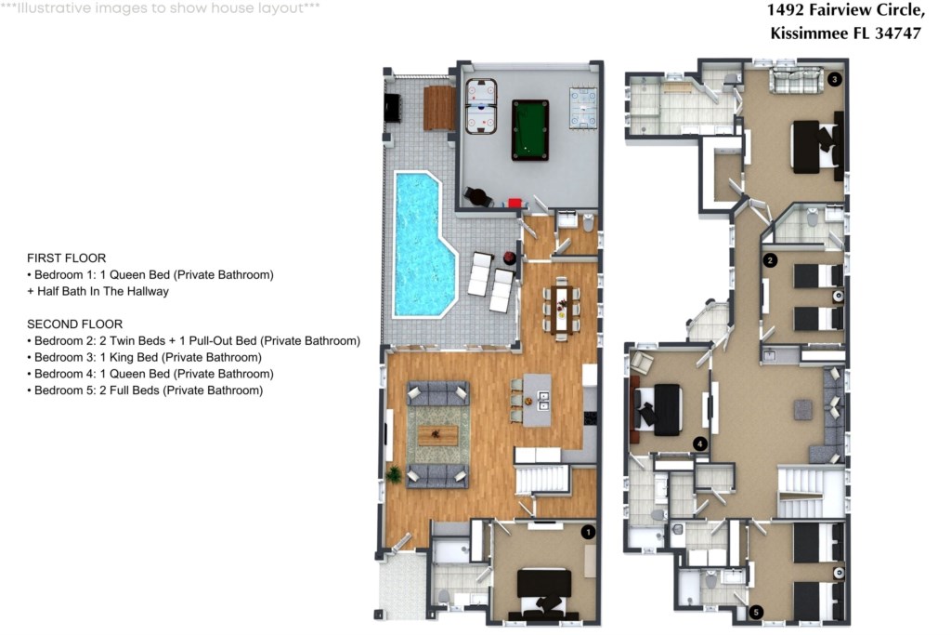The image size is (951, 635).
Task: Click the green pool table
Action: point(530,130)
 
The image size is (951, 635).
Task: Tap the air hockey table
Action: point(481,106)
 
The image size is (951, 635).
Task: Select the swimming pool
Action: point(423,244)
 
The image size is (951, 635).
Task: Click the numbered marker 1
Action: point(588,533)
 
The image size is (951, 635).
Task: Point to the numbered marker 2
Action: point(770,260)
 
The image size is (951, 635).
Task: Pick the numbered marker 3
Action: point(835,79)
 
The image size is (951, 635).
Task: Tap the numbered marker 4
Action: point(700,443)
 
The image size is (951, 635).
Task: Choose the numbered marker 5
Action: point(756,613)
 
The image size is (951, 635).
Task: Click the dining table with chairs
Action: point(561,310)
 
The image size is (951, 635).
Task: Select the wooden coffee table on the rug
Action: point(438,435)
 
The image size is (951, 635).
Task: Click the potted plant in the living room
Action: point(394,474)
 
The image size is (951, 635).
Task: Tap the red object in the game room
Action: point(515,204)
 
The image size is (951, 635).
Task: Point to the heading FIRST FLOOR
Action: point(67,258)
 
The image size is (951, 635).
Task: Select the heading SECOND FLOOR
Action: point(75,324)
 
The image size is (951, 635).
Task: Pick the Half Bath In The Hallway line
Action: point(98,291)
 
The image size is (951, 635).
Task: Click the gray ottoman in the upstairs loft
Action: point(803,409)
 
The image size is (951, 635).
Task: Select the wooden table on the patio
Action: point(439,108)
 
